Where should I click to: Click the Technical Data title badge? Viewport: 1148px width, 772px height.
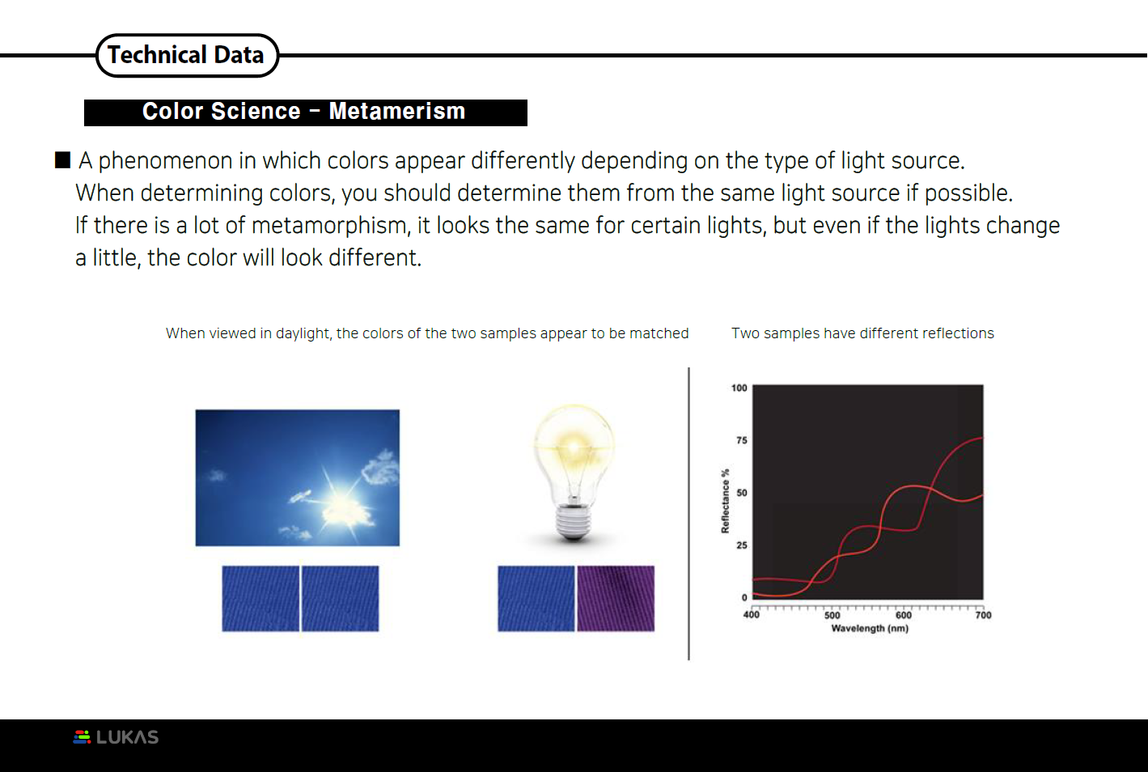coord(187,55)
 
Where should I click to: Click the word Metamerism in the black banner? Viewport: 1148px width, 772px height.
coord(396,112)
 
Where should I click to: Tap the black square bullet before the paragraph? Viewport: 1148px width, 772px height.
coord(62,159)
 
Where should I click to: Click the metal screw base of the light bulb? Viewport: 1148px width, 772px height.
coord(573,520)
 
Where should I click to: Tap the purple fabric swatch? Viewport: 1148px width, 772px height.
coord(616,599)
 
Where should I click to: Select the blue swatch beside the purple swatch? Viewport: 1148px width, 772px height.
coord(536,599)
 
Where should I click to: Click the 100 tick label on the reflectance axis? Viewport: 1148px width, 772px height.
coord(739,388)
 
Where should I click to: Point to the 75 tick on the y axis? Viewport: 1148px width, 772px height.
coord(741,441)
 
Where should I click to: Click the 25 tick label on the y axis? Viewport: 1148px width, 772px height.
coord(741,545)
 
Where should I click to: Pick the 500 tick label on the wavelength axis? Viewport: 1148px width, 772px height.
coord(832,616)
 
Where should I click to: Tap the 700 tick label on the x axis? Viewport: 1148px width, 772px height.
coord(983,616)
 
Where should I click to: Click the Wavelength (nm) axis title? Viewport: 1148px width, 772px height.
coord(870,629)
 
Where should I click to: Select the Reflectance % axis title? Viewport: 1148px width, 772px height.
coord(725,501)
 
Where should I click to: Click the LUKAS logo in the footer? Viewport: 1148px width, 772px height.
coord(116,737)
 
